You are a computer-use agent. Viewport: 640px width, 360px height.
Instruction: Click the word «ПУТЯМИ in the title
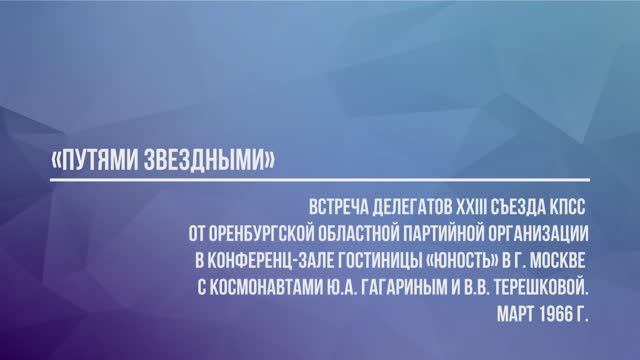tap(96, 160)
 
